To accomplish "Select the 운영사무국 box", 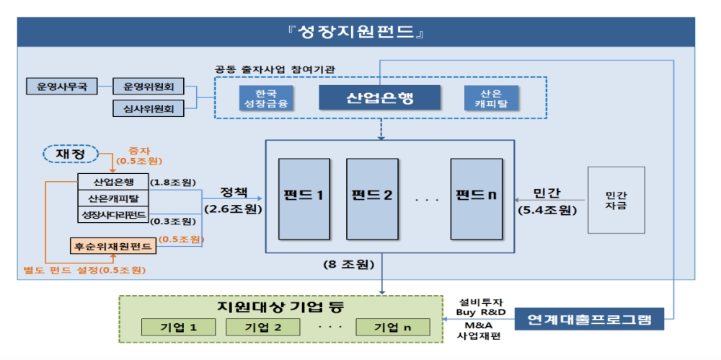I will [x=57, y=87].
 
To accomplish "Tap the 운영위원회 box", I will [x=149, y=87].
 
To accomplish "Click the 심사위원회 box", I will [x=149, y=108].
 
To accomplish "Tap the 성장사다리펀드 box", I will [x=113, y=214].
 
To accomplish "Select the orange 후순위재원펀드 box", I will [x=113, y=246].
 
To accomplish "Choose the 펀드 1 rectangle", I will [x=304, y=196].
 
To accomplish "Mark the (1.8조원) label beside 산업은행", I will [x=174, y=182].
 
